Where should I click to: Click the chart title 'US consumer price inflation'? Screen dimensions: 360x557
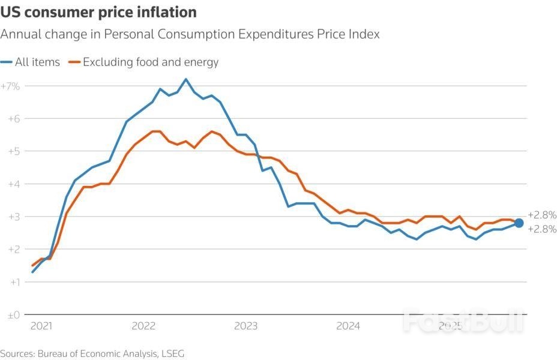[x=98, y=12]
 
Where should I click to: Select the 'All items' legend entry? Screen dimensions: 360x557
[x=37, y=62]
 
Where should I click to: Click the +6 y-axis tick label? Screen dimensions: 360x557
[x=13, y=119]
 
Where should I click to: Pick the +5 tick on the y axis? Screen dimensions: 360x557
[x=13, y=151]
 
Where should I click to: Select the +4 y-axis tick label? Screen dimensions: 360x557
[x=13, y=184]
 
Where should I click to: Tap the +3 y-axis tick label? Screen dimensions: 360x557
[x=13, y=217]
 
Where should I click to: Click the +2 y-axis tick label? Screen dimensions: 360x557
[x=13, y=249]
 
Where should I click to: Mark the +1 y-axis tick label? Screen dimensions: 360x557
[x=13, y=282]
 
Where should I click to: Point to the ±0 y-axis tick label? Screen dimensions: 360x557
[x=13, y=314]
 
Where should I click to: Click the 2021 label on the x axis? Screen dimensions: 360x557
[x=41, y=326]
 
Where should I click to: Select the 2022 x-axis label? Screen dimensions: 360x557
[x=143, y=326]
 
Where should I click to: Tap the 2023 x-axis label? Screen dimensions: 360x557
[x=246, y=326]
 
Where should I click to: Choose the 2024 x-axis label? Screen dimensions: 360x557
[x=348, y=326]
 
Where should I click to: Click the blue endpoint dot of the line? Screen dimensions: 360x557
[x=519, y=223]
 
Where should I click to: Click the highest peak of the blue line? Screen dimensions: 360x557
[x=186, y=79]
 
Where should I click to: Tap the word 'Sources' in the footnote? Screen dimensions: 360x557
[x=17, y=353]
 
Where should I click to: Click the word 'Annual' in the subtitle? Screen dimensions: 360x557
[x=19, y=34]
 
